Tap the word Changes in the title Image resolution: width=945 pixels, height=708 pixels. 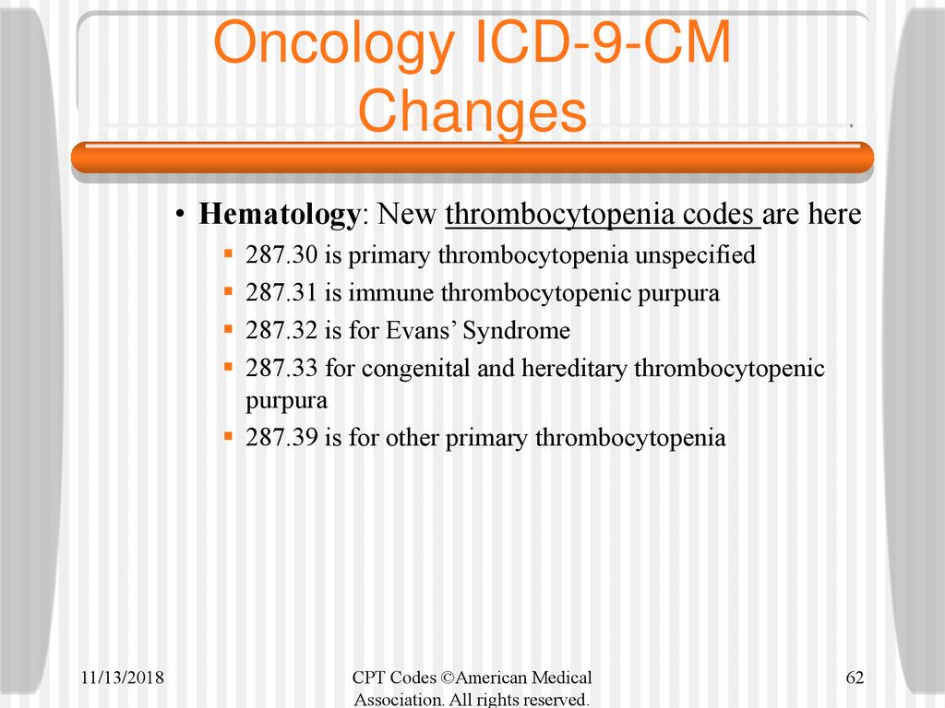[x=472, y=112]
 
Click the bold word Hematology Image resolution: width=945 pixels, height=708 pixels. [x=279, y=214]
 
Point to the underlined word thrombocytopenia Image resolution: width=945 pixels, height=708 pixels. [x=560, y=215]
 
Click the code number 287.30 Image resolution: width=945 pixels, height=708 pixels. [x=281, y=254]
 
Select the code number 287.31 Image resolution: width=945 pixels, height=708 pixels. [x=281, y=292]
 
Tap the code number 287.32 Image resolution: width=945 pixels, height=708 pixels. [x=281, y=331]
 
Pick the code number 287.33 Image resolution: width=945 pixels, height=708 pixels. [x=281, y=368]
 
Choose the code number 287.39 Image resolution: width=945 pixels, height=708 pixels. [x=281, y=437]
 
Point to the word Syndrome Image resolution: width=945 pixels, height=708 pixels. [x=517, y=331]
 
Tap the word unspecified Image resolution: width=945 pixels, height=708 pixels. [x=696, y=256]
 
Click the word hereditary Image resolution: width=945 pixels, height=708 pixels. [x=574, y=369]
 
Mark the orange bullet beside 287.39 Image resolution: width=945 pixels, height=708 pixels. [x=228, y=436]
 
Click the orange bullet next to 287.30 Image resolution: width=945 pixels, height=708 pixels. [x=228, y=254]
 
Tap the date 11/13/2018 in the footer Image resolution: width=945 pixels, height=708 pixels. [x=123, y=678]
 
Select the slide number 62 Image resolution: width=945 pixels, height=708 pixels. [x=855, y=678]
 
